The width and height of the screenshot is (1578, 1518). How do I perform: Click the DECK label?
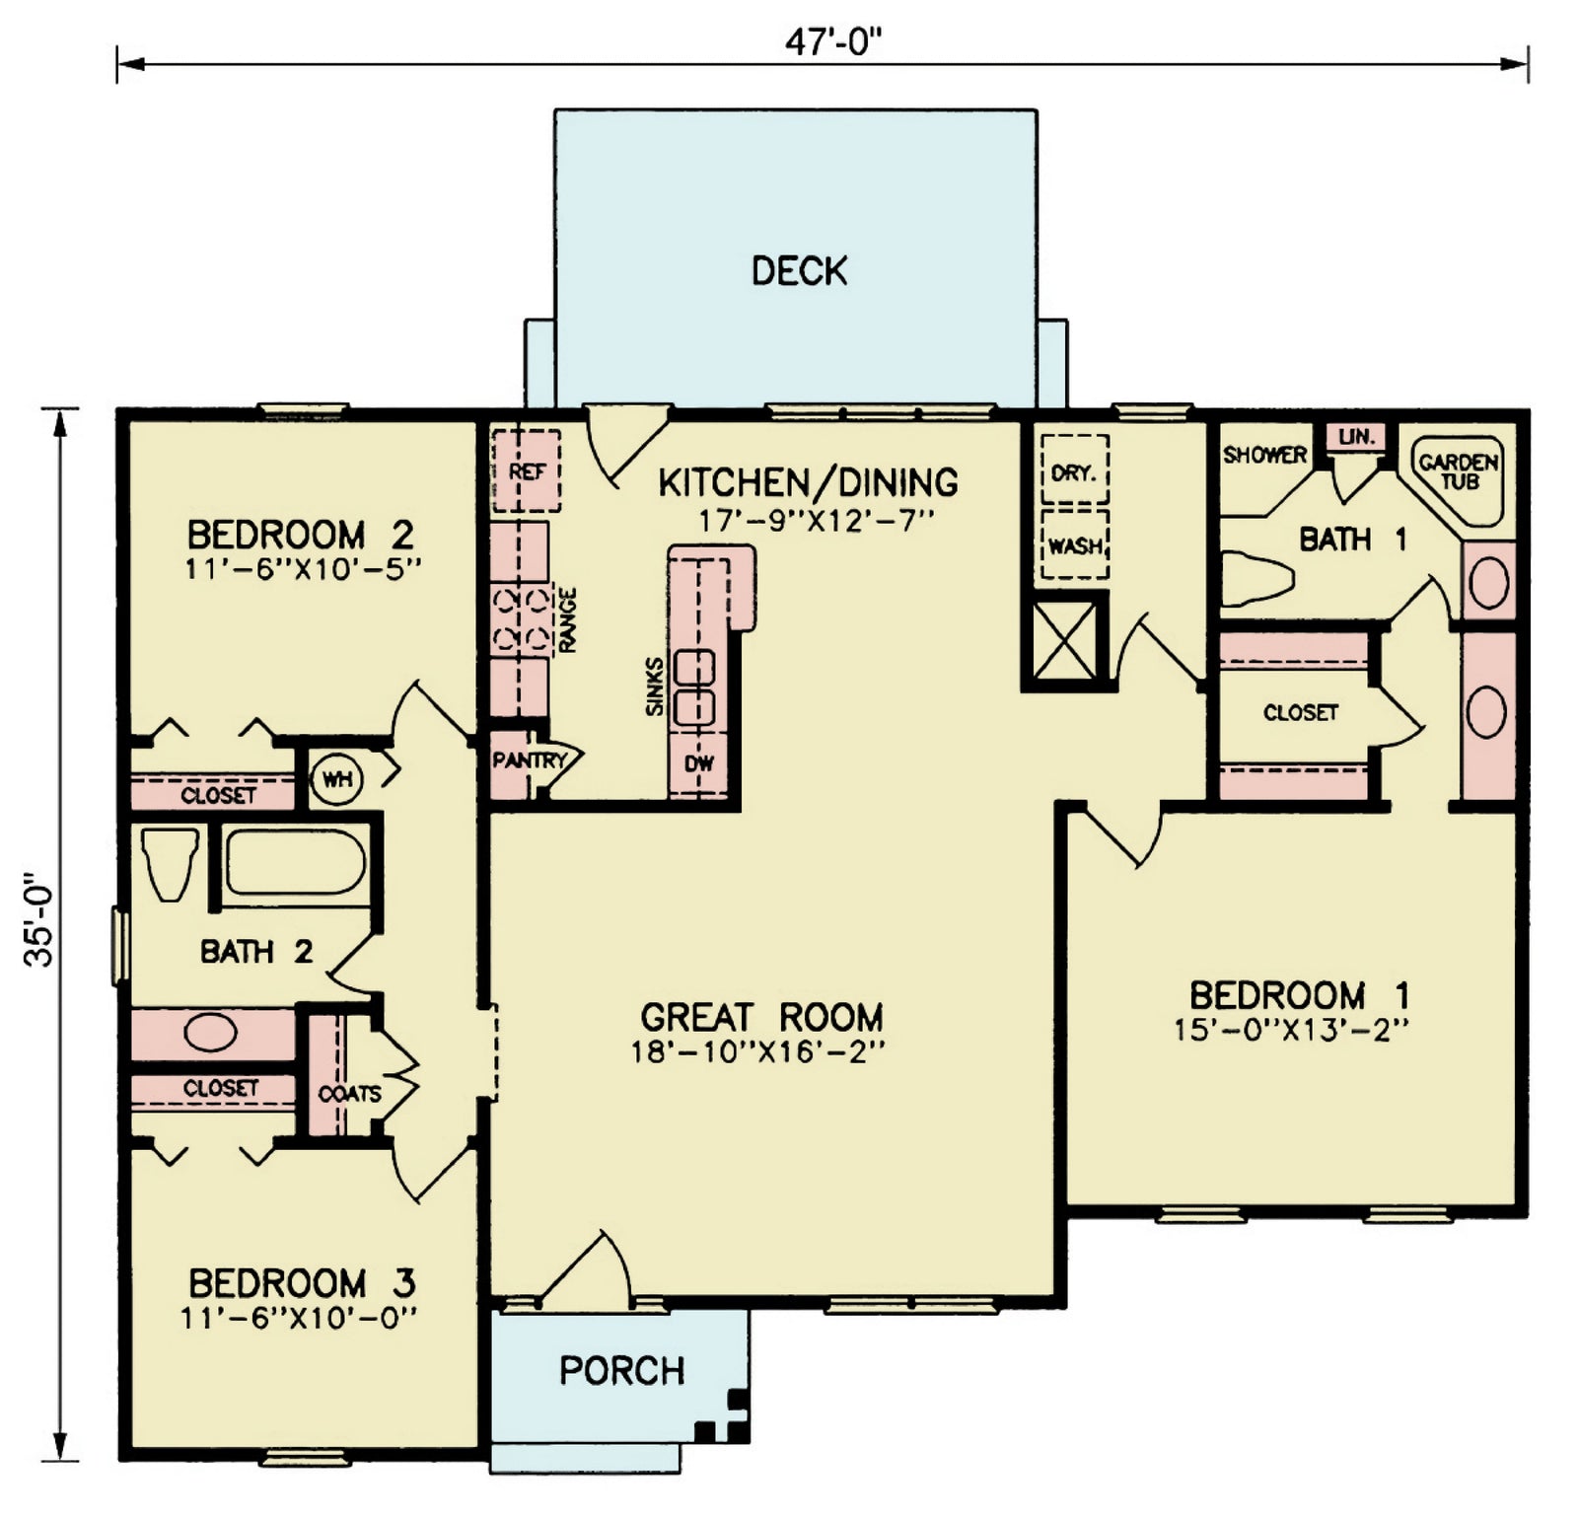click(x=799, y=270)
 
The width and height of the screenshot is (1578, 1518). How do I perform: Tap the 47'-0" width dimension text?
click(x=832, y=42)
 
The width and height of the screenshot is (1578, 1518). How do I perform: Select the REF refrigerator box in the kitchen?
click(x=527, y=471)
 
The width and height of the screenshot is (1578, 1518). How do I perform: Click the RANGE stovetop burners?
click(x=522, y=619)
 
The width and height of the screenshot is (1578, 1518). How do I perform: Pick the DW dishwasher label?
click(x=698, y=763)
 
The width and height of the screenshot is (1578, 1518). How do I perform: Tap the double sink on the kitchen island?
click(x=693, y=687)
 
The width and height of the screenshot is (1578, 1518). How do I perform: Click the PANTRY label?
click(x=529, y=760)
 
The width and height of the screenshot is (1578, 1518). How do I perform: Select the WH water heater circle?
click(x=337, y=779)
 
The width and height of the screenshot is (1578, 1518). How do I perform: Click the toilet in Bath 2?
click(x=169, y=864)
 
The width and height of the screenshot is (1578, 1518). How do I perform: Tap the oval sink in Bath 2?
click(x=210, y=1034)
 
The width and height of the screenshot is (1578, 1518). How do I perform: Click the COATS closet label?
click(x=349, y=1094)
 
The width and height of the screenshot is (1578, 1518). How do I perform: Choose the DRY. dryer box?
click(x=1074, y=471)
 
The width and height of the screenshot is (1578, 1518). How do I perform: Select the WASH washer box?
click(x=1074, y=544)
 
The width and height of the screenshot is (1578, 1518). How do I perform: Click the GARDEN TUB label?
click(x=1459, y=471)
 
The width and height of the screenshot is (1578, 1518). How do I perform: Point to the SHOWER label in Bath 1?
click(x=1264, y=455)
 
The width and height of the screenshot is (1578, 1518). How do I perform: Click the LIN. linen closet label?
click(x=1357, y=436)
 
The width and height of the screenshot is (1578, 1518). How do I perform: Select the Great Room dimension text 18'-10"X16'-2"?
click(x=757, y=1052)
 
